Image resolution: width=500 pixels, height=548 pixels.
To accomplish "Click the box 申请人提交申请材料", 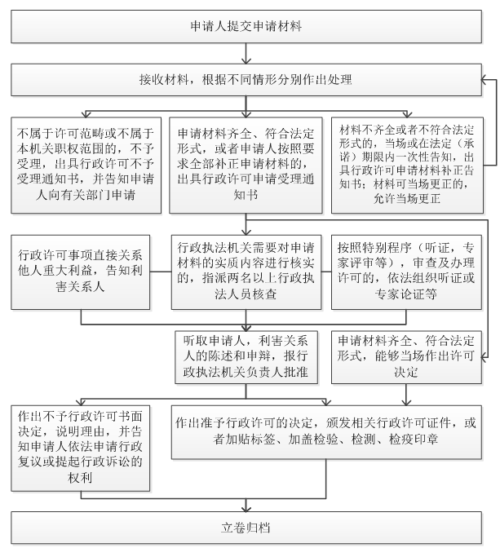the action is click(x=246, y=27).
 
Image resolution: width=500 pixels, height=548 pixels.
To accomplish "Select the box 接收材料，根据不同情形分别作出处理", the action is click(x=246, y=80).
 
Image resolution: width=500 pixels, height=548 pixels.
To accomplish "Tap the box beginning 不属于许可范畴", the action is click(x=86, y=165).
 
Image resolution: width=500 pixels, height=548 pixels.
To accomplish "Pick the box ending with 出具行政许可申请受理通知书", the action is click(x=246, y=165).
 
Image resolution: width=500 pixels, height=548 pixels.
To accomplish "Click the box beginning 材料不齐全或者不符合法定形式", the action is click(x=407, y=165).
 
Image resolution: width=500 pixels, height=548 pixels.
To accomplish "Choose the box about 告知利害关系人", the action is click(x=81, y=272).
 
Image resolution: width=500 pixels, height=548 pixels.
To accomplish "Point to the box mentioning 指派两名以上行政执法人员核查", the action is click(x=246, y=272).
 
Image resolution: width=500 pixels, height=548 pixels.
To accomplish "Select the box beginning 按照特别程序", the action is click(x=406, y=272).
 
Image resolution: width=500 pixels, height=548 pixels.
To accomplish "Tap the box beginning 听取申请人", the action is click(x=246, y=357).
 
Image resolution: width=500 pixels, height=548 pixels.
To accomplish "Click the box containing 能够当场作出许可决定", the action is click(x=406, y=357).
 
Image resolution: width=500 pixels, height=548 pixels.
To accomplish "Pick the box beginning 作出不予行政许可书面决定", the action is click(x=81, y=448).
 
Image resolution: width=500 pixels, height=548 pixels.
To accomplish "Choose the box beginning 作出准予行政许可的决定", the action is click(x=326, y=432).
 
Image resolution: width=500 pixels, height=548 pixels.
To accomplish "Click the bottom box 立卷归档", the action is click(x=246, y=528).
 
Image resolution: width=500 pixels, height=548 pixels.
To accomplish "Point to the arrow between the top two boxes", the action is click(x=246, y=54).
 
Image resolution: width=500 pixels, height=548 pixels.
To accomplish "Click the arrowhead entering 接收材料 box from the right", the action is click(x=485, y=80).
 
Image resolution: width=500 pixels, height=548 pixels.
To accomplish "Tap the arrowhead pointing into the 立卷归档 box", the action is click(x=246, y=509).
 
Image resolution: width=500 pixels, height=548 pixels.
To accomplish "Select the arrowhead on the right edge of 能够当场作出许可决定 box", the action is click(x=485, y=357).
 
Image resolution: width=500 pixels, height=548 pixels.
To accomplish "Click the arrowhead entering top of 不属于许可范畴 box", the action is click(x=86, y=114).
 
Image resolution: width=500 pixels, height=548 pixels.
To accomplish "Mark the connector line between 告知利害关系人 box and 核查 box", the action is click(x=161, y=272).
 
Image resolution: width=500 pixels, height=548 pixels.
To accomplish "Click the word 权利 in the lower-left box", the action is click(x=80, y=477).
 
